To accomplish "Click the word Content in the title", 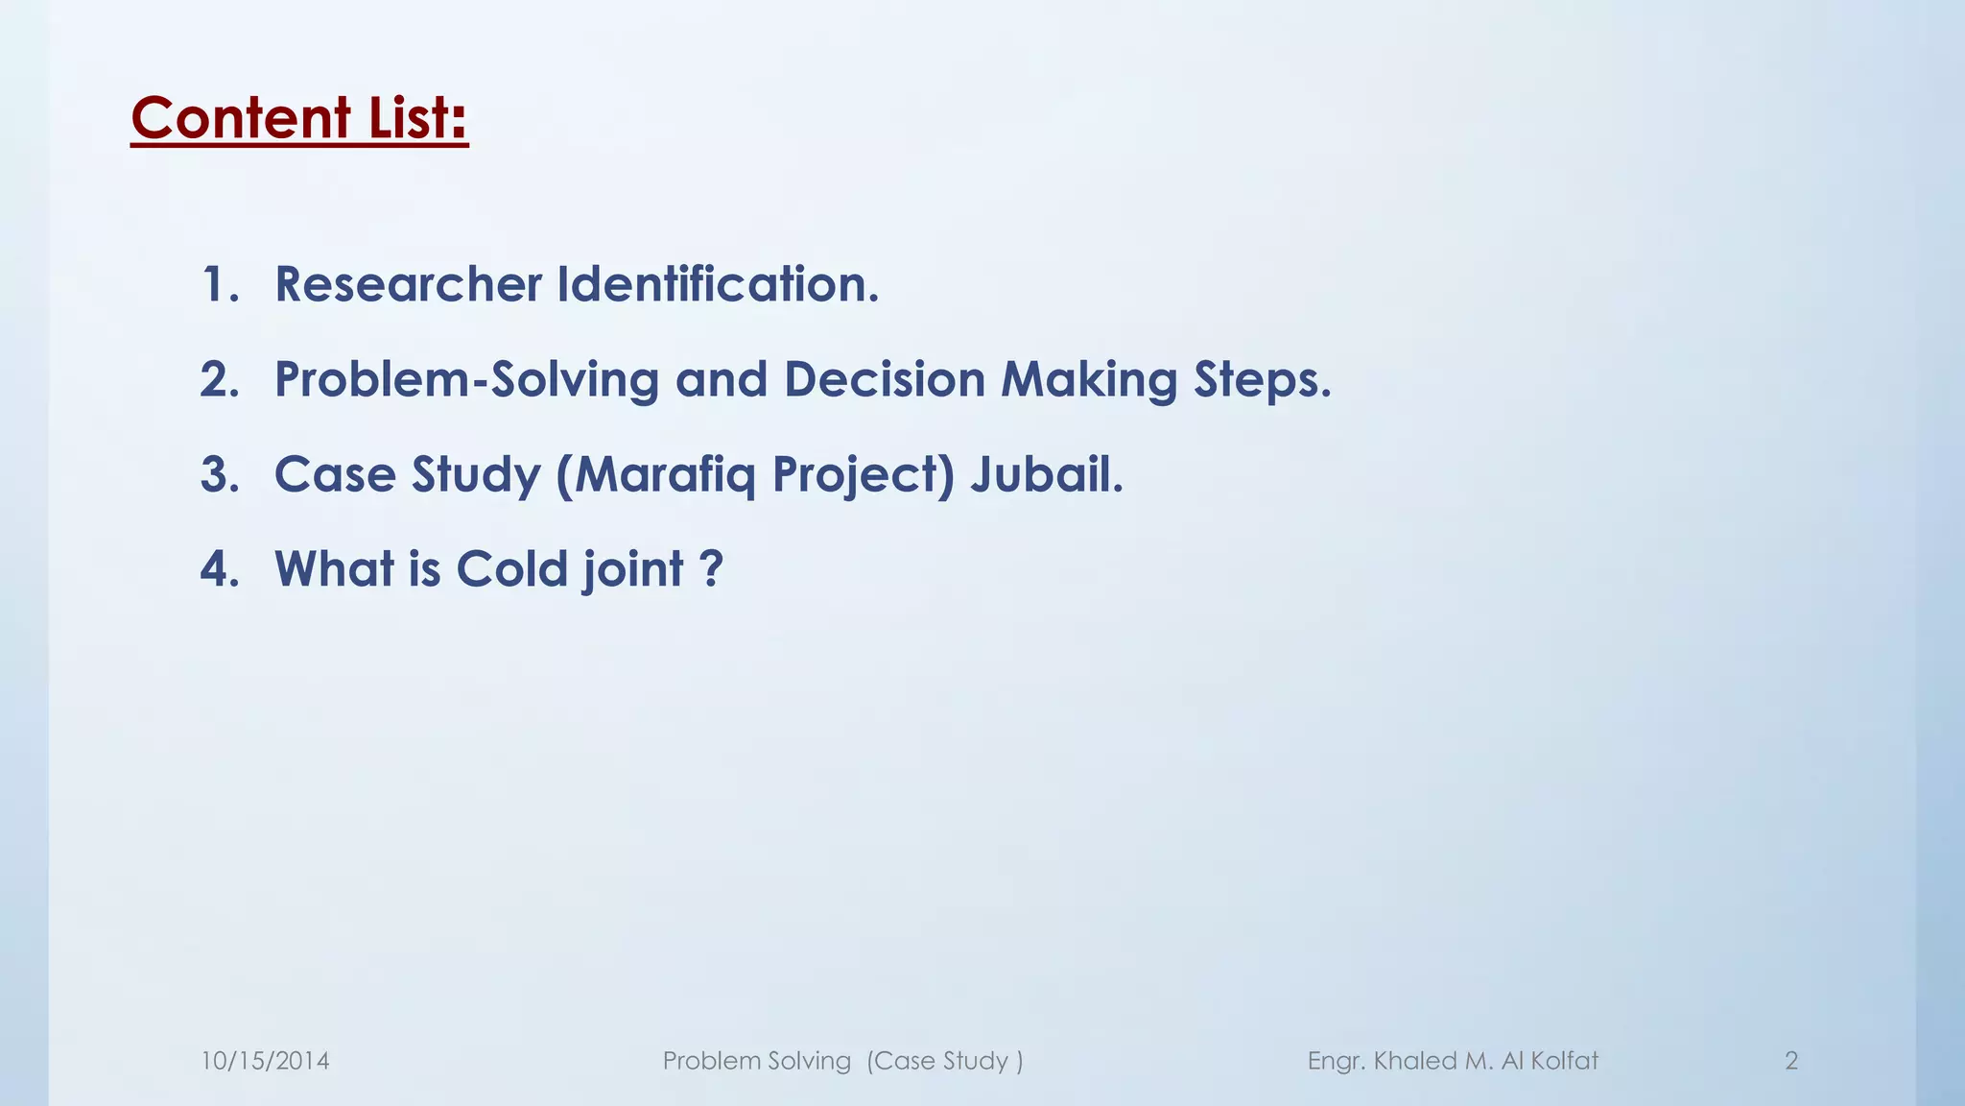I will (x=241, y=118).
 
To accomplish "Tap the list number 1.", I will (x=219, y=284).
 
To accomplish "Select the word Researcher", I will (x=409, y=284).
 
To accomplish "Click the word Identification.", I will (x=718, y=284).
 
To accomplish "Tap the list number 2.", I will (x=219, y=379).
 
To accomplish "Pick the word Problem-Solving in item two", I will (x=466, y=379).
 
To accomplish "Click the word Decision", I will (x=885, y=379).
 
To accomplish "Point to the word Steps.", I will (x=1262, y=379).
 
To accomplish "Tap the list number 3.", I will (x=219, y=474).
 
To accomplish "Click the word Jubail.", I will (x=1046, y=474).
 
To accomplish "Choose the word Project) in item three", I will (x=864, y=474).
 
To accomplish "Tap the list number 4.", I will (x=219, y=568).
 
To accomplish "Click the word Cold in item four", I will (x=511, y=568).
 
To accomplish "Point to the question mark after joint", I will (x=710, y=568).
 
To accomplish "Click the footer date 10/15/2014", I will (x=265, y=1061).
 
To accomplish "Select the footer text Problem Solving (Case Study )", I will (x=842, y=1061).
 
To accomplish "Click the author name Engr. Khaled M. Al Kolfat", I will (x=1453, y=1061).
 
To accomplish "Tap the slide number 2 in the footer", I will (x=1790, y=1061).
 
